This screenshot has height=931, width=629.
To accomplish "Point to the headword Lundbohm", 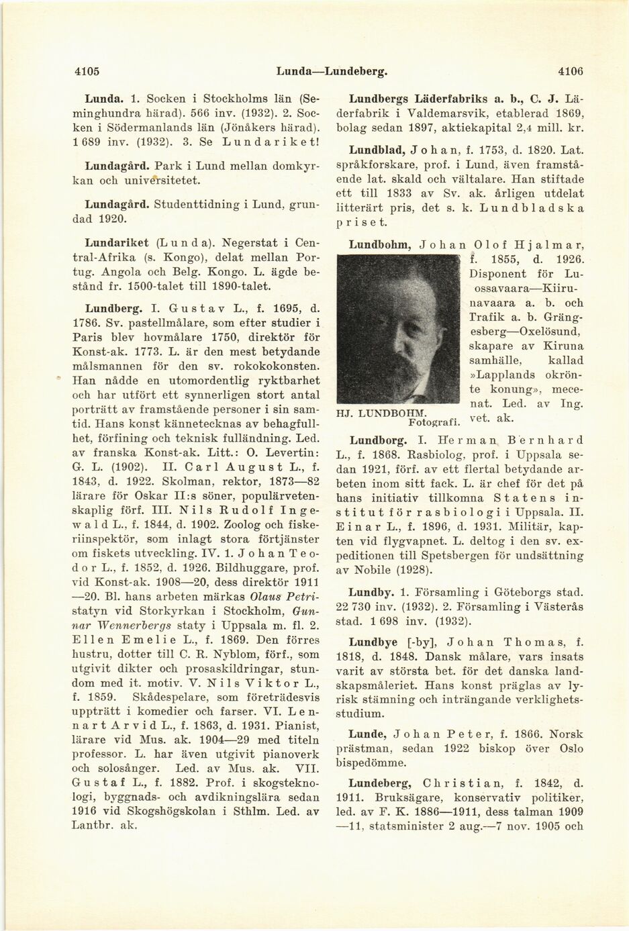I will coord(379,245).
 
